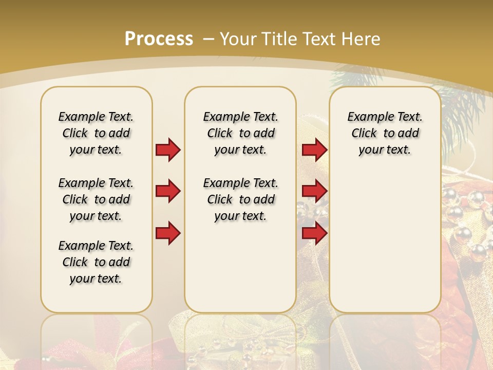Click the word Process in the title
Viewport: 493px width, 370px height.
(x=159, y=39)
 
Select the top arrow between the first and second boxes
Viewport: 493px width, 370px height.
(x=168, y=150)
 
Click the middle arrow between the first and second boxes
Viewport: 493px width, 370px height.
(x=168, y=191)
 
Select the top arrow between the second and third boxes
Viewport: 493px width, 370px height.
(x=314, y=150)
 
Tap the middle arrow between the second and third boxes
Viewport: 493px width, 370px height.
(x=314, y=191)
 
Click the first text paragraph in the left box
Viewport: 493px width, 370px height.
(x=96, y=133)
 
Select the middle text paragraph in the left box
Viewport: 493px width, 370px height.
(x=96, y=199)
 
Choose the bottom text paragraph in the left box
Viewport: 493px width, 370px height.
(x=96, y=262)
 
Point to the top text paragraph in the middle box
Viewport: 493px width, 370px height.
(x=240, y=133)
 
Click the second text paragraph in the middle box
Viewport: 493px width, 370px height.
(x=240, y=199)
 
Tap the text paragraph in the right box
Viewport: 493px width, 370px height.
(x=385, y=133)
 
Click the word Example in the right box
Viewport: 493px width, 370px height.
(x=367, y=117)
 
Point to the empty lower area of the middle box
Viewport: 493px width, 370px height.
(x=240, y=267)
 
